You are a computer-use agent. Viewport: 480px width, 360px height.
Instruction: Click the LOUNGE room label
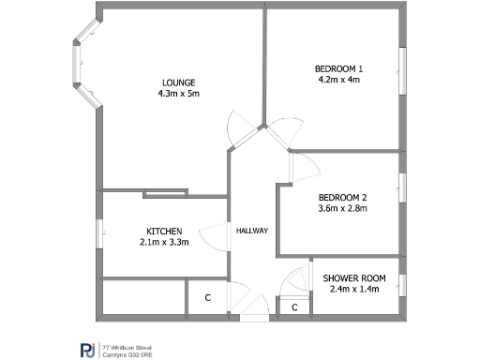click(177, 82)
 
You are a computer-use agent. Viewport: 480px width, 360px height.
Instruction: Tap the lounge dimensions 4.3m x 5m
click(178, 94)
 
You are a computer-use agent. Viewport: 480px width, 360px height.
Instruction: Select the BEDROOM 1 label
click(339, 68)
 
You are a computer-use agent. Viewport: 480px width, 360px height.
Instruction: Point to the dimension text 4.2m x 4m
click(339, 80)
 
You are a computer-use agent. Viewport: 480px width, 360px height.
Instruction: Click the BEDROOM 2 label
click(342, 197)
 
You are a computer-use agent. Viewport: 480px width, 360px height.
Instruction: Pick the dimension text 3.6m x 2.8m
click(342, 208)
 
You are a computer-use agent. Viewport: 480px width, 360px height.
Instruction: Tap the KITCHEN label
click(164, 232)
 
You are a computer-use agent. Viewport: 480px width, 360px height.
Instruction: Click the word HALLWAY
click(252, 231)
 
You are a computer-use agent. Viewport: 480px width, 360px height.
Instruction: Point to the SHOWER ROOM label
click(354, 278)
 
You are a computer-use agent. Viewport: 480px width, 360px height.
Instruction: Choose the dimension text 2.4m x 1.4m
click(354, 290)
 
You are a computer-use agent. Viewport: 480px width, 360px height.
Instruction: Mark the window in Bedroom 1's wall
click(403, 72)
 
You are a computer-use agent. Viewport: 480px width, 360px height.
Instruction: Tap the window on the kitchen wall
click(99, 232)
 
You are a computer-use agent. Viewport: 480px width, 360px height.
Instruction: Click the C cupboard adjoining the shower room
click(294, 307)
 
